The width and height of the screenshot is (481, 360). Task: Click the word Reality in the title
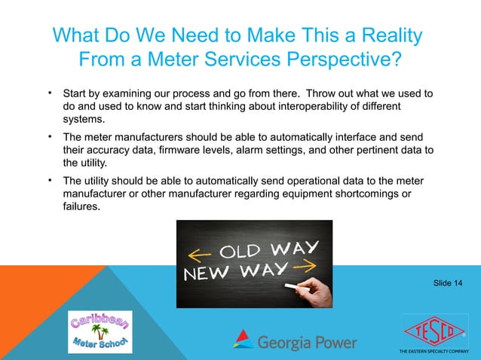379,36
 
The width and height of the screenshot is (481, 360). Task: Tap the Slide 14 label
448,282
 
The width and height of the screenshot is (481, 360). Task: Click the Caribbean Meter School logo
100,331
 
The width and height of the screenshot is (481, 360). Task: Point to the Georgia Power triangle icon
243,339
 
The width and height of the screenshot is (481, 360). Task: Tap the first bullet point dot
50,94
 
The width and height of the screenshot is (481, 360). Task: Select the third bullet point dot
50,181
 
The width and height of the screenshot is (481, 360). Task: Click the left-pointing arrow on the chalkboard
198,253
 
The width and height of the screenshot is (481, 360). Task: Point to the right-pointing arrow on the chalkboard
305,267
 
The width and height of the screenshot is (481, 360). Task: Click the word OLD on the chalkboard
240,250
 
